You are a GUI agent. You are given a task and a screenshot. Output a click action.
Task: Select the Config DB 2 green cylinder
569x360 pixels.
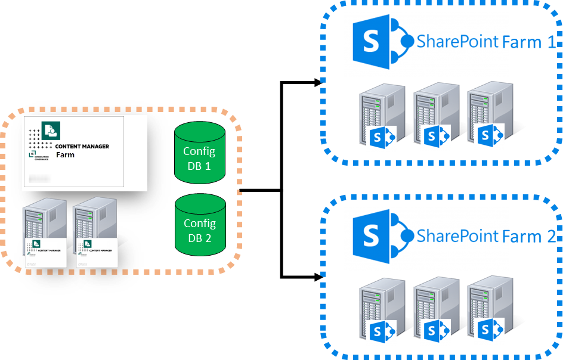(200, 226)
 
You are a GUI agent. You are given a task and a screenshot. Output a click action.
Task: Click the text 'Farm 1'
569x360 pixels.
(529, 42)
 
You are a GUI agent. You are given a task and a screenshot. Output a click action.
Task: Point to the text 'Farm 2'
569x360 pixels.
(529, 236)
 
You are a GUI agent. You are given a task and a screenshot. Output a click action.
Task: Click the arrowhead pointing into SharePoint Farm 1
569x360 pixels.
(318, 83)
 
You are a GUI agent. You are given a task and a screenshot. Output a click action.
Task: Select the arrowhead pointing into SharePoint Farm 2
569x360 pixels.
(318, 277)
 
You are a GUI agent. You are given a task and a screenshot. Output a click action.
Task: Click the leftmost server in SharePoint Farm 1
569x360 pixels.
(376, 113)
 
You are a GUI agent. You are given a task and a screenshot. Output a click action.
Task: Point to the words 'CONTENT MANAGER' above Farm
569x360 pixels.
(82, 147)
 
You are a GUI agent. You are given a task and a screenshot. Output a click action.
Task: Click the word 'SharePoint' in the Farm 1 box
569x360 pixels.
(457, 42)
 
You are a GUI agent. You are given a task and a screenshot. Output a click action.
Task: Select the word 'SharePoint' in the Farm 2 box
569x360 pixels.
(457, 236)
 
